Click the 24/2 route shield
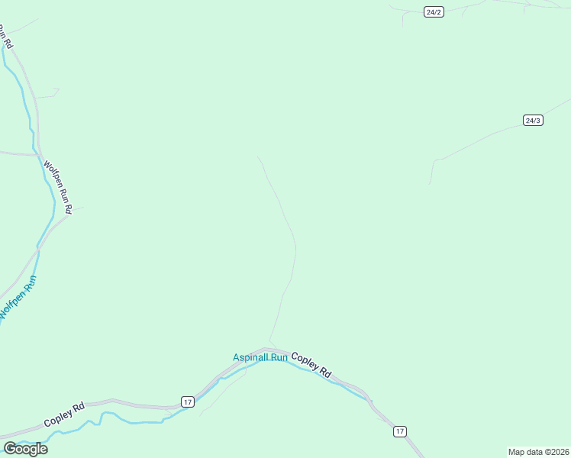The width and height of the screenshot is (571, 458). (x=434, y=12)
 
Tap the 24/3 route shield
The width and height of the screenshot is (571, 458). (x=533, y=121)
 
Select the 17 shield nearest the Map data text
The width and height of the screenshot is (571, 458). (x=399, y=432)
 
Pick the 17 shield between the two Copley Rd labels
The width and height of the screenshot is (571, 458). (x=187, y=402)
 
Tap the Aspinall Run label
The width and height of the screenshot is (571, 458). (x=260, y=357)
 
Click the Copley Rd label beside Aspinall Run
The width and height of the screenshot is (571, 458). (x=311, y=365)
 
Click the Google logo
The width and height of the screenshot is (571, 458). (x=25, y=449)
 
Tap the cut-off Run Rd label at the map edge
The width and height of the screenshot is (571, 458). (x=5, y=37)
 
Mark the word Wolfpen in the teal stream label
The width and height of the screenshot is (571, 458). (x=11, y=308)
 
